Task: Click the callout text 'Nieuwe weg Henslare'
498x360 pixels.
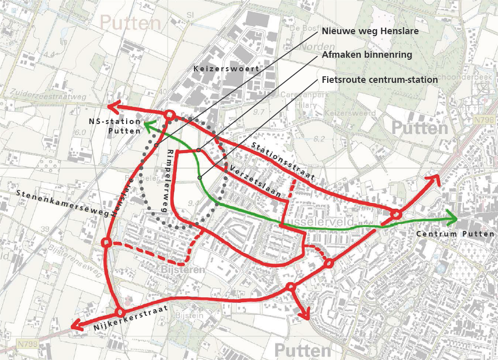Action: pyautogui.click(x=370, y=31)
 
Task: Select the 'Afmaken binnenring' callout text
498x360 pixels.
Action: pyautogui.click(x=367, y=55)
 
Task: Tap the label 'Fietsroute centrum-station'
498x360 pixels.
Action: pyautogui.click(x=379, y=80)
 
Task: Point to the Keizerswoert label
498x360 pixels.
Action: pyautogui.click(x=226, y=68)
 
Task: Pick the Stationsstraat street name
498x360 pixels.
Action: pyautogui.click(x=283, y=161)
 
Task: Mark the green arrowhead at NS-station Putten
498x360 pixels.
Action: pyautogui.click(x=148, y=123)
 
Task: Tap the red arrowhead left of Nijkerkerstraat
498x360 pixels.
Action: pyautogui.click(x=77, y=326)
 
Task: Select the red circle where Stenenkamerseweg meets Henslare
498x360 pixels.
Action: pyautogui.click(x=106, y=243)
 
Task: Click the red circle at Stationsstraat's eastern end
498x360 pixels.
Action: pyautogui.click(x=396, y=214)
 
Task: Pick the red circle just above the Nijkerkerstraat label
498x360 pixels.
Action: pyautogui.click(x=119, y=312)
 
